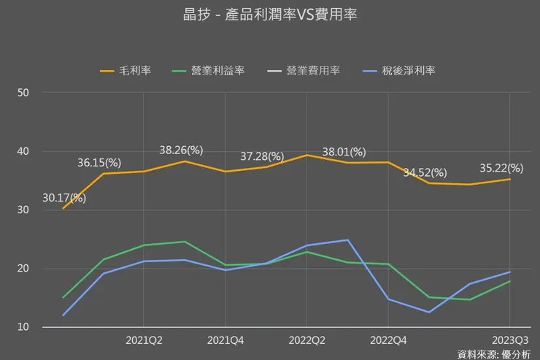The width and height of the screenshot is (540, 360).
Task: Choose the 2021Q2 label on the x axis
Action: pyautogui.click(x=144, y=340)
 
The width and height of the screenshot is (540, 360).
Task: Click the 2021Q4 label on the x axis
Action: pyautogui.click(x=225, y=340)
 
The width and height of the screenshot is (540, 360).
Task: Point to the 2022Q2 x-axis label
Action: pyautogui.click(x=306, y=340)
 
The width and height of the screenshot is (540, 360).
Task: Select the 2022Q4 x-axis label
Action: pyautogui.click(x=388, y=340)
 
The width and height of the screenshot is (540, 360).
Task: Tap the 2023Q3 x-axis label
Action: pyautogui.click(x=509, y=340)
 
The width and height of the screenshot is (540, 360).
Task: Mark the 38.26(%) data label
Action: pyautogui.click(x=181, y=150)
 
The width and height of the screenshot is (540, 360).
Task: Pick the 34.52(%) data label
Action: pyautogui.click(x=425, y=172)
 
